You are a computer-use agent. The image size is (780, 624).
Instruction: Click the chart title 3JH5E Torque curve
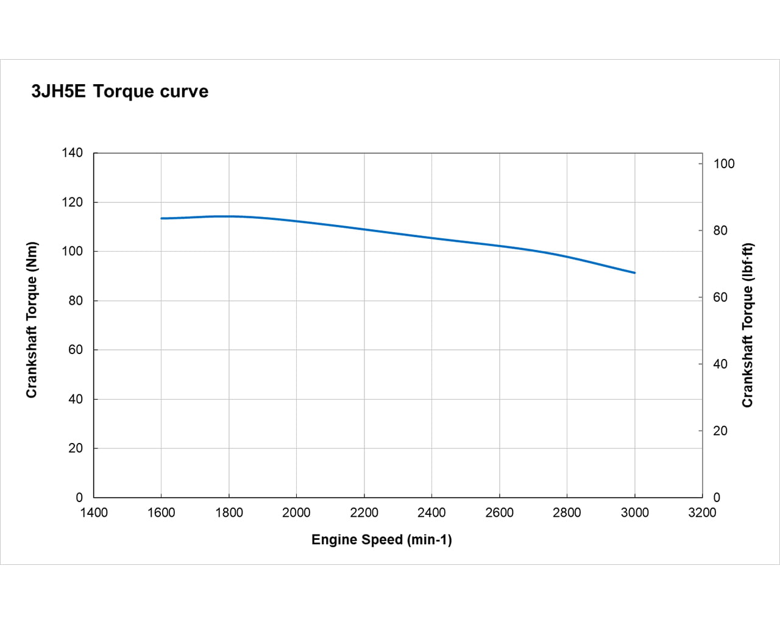(x=120, y=91)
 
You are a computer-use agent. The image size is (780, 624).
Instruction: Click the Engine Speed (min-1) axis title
(x=381, y=539)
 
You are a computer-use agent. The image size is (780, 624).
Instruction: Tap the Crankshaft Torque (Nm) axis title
(x=32, y=320)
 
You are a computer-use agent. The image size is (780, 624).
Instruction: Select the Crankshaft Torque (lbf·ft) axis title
(x=748, y=325)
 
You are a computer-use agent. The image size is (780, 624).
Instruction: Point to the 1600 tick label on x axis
(x=161, y=512)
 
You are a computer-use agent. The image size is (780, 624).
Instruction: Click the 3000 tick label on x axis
(x=634, y=512)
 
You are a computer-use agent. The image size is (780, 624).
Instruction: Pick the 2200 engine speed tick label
(x=364, y=512)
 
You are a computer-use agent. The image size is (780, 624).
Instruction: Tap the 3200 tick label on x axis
(x=702, y=512)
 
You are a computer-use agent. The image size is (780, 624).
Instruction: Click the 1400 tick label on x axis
(x=94, y=512)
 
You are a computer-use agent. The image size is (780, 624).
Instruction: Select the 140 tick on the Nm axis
(x=73, y=153)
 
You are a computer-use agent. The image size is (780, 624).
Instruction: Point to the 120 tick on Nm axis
(x=73, y=202)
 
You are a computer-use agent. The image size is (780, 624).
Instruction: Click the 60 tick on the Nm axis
(x=76, y=350)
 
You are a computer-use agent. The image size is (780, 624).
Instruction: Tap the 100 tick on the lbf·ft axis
(x=724, y=163)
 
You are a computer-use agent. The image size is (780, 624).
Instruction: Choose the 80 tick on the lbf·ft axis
(x=720, y=230)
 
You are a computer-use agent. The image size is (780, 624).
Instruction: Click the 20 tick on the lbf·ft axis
(x=720, y=431)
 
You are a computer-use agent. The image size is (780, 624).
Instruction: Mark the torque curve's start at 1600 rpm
(x=161, y=218)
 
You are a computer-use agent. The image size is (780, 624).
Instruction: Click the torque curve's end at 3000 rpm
(x=634, y=272)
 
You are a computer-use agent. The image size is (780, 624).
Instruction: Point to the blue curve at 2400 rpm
(x=431, y=238)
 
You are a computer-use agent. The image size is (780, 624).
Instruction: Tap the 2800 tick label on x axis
(x=567, y=512)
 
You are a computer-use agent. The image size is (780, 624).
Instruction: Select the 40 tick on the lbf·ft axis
(x=720, y=364)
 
